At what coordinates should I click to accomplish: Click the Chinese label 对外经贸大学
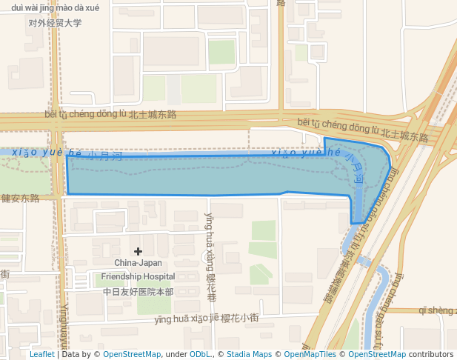[55, 23]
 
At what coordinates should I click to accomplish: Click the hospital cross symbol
[138, 252]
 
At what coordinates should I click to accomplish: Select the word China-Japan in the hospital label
[138, 263]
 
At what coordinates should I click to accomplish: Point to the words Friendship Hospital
[138, 277]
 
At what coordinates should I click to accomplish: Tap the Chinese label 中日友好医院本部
[138, 292]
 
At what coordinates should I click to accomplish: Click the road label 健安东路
[20, 199]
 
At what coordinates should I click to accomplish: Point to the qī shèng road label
[437, 310]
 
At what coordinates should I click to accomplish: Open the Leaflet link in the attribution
[41, 354]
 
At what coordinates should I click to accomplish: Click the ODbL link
[200, 354]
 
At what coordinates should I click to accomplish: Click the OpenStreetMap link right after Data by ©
[131, 354]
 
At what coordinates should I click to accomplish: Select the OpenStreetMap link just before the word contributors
[377, 354]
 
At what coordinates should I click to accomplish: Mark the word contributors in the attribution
[431, 354]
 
